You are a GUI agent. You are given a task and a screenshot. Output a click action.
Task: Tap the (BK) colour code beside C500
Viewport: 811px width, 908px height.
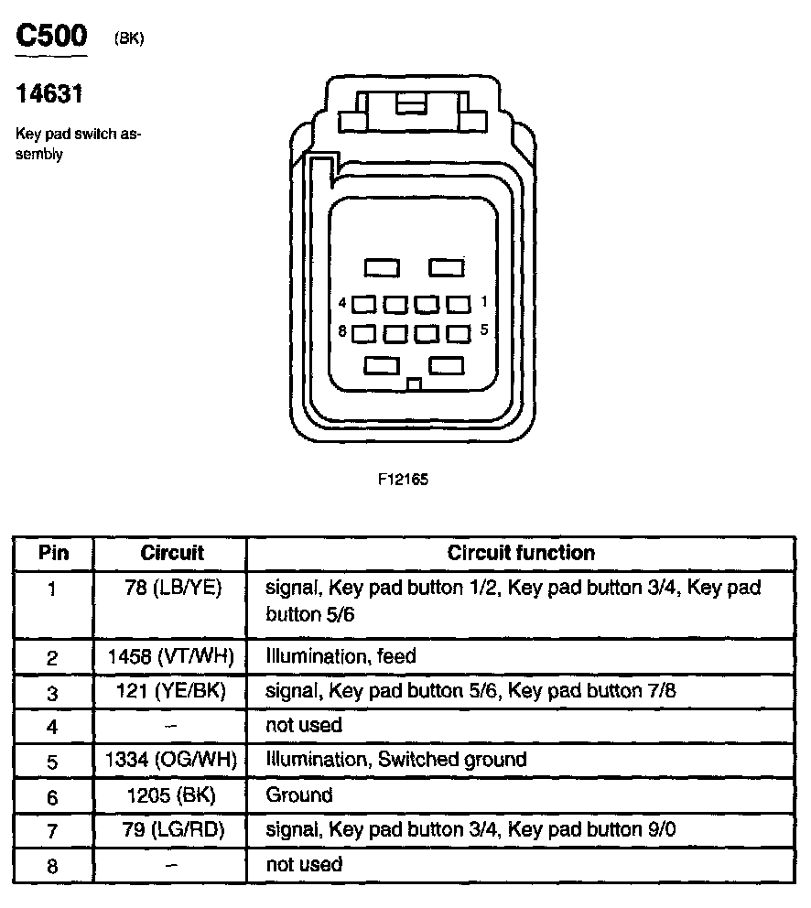(x=129, y=38)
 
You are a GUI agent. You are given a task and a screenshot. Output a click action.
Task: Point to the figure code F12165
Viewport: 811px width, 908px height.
(x=402, y=478)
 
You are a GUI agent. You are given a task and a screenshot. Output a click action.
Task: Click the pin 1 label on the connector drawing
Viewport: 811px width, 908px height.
(x=483, y=301)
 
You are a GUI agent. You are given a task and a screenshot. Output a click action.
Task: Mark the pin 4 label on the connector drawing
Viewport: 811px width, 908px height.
(x=342, y=302)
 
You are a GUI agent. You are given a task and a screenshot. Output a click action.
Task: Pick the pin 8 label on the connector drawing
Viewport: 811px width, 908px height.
(x=342, y=332)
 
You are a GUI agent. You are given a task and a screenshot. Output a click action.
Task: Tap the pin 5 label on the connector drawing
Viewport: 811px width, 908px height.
(x=483, y=330)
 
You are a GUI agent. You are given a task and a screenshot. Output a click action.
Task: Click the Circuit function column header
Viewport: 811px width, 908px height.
(x=520, y=553)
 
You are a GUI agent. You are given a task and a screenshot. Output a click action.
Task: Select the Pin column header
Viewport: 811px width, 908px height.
(x=53, y=553)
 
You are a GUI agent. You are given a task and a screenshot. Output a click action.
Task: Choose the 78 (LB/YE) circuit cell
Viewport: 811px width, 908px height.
(x=172, y=587)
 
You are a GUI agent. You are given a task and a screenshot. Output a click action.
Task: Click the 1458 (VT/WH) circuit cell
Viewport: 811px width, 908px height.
(x=171, y=656)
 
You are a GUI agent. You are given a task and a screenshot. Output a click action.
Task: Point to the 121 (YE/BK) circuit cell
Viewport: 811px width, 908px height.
(x=171, y=691)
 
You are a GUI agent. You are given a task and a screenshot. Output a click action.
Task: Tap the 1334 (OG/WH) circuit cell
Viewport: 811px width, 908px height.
(x=171, y=760)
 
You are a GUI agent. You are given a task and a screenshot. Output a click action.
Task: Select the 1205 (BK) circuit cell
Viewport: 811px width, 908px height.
(x=171, y=794)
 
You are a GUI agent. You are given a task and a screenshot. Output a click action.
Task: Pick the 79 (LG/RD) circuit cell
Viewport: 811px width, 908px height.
(x=171, y=829)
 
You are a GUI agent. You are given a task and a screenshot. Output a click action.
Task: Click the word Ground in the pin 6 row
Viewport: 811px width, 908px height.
(x=299, y=794)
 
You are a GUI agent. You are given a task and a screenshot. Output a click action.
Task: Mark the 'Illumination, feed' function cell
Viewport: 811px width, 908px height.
(x=341, y=656)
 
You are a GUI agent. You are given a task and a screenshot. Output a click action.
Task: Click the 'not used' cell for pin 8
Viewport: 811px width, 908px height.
(x=304, y=864)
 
